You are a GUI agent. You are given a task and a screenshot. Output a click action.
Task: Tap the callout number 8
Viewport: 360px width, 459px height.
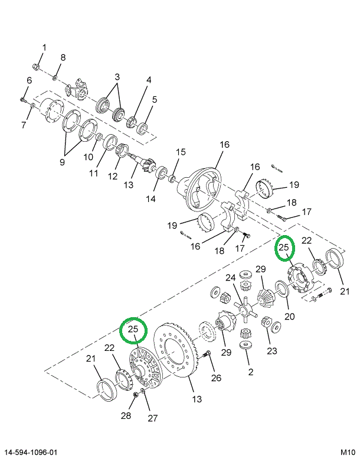click(x=63, y=57)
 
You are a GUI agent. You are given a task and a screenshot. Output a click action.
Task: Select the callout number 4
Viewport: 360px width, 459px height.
click(x=149, y=80)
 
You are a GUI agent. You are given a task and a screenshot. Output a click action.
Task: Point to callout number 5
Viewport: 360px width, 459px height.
click(x=155, y=99)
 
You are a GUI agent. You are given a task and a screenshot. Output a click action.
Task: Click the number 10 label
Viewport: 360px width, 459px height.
click(x=89, y=157)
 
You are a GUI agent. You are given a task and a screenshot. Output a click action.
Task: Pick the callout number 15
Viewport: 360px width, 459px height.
click(x=181, y=152)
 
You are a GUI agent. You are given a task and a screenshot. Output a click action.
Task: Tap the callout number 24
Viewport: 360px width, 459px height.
click(x=230, y=278)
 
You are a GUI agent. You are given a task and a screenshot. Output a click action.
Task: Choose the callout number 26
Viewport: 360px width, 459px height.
click(x=216, y=378)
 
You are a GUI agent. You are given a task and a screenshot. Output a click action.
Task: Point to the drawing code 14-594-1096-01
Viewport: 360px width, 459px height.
click(x=32, y=452)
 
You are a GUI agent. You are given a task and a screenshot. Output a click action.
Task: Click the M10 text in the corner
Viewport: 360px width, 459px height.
click(x=348, y=452)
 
